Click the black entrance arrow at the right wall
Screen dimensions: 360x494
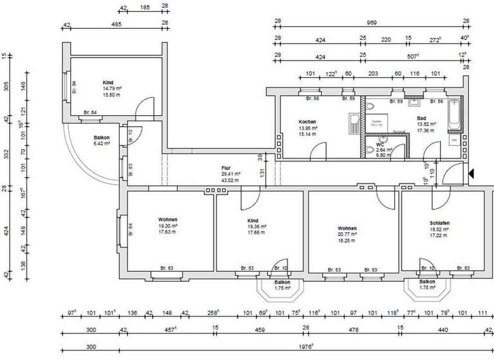coord(471,173)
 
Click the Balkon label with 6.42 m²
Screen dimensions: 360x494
coord(101,138)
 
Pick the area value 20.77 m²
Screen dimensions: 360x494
coord(347,235)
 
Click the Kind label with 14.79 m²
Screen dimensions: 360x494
coord(107,83)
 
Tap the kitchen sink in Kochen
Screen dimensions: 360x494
coord(354,120)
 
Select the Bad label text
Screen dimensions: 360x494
coord(421,118)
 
